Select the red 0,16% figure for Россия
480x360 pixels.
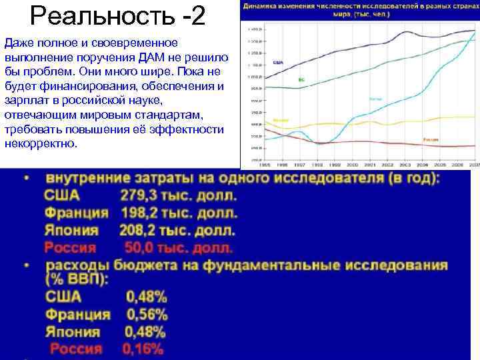[143, 349]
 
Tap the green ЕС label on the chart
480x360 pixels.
[301, 80]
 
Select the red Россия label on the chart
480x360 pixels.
[430, 139]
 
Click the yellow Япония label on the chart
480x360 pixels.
[281, 121]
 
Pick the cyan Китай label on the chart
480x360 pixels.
[376, 99]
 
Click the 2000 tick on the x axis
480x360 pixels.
[352, 164]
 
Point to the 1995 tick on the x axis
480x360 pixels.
[264, 164]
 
